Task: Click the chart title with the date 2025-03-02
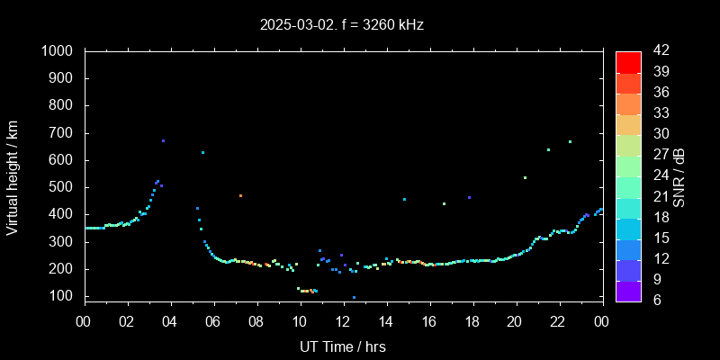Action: (341, 25)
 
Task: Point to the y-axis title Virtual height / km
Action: (13, 177)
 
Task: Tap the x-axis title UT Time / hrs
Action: (343, 346)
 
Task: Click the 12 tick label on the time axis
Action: (343, 321)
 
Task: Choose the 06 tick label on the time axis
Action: (213, 321)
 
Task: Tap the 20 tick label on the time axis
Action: (515, 321)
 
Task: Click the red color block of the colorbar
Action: (628, 61)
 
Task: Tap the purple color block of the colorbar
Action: (628, 290)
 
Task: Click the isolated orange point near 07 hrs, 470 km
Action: (240, 195)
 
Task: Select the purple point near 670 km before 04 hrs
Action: (163, 141)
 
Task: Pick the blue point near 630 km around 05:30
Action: (202, 153)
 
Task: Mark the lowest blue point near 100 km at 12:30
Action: (354, 297)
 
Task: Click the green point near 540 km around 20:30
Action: (525, 177)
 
